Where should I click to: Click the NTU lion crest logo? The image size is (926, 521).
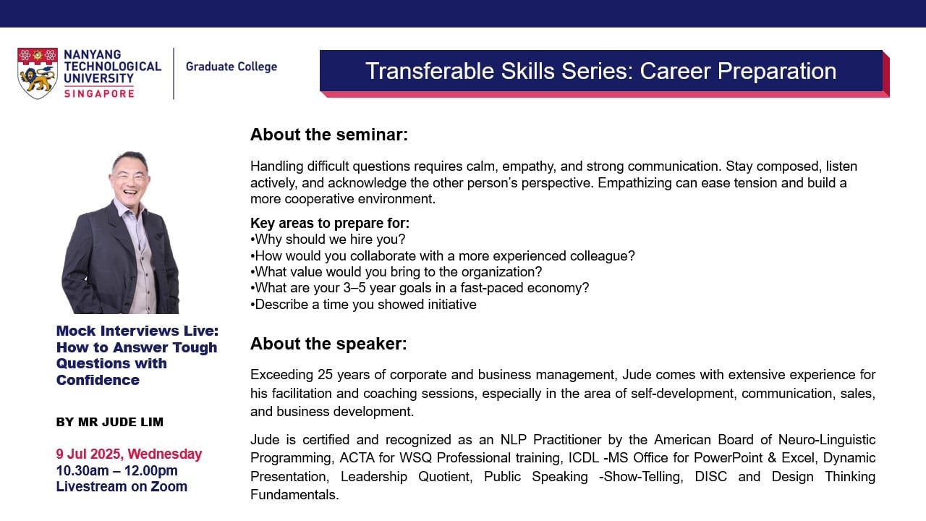coord(38,73)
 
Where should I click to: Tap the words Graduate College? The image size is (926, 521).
coord(231,67)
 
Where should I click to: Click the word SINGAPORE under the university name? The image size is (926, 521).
coord(99,93)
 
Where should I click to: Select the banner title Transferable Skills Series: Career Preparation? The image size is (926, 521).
coord(600,71)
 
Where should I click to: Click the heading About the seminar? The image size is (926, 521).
coord(329,135)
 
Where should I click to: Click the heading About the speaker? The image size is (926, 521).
coord(328,344)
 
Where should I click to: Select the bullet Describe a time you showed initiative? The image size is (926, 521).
coord(363,305)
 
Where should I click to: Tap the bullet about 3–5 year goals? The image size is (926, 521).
coord(420,288)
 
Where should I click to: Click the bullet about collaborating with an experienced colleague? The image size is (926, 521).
coord(443,256)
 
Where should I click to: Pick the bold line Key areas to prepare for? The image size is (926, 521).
coord(330,223)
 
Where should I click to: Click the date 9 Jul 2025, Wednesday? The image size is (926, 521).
coord(129,454)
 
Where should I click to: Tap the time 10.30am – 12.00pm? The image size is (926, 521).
coord(116,470)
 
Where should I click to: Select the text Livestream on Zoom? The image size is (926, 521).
coord(122,486)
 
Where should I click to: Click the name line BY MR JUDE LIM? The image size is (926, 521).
coord(110,422)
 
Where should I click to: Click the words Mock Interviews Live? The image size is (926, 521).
coord(137,331)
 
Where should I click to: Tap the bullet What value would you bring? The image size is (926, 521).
coord(396,272)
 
